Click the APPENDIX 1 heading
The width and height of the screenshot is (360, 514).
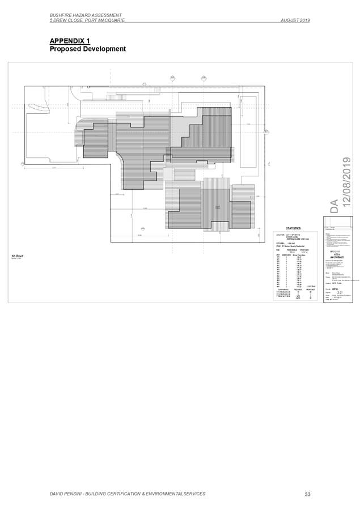pos(70,41)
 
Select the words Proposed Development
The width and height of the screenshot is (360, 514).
pos(88,49)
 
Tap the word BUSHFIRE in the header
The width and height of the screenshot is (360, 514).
pos(61,15)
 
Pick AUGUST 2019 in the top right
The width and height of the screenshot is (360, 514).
pos(295,20)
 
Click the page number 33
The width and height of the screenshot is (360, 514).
pos(307,494)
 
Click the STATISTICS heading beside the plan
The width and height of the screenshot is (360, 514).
pos(293,228)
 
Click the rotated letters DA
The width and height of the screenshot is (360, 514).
pos(335,206)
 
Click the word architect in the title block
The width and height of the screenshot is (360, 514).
pos(334,256)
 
